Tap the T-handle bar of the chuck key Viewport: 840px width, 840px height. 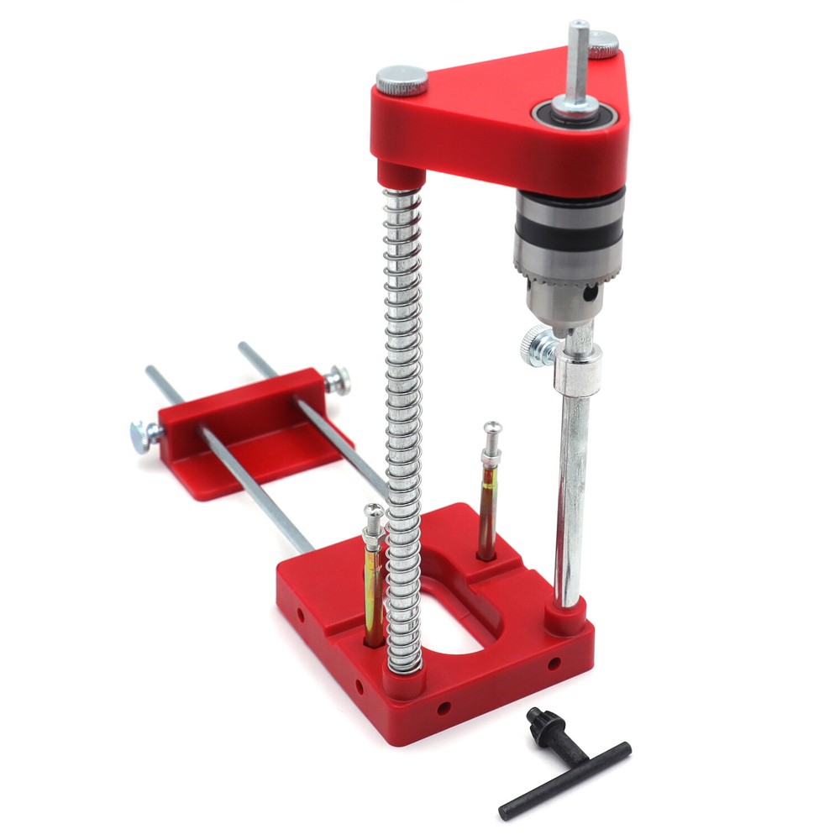click(x=564, y=781)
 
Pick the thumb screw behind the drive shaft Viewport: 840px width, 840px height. click(x=602, y=42)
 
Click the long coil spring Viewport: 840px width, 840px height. click(x=401, y=420)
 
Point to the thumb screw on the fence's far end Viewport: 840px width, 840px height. click(x=338, y=380)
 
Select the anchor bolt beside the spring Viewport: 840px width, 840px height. click(x=373, y=571)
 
